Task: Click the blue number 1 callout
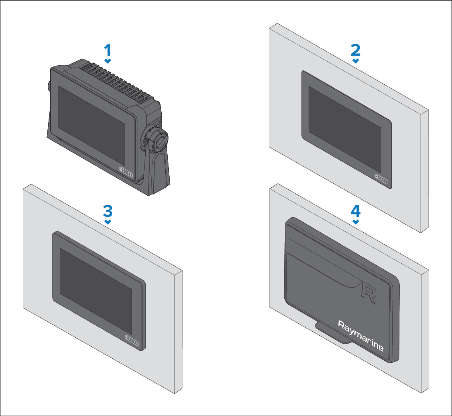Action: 108,50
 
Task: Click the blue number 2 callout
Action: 356,50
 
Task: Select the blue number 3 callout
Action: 108,211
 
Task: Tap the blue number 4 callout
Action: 356,211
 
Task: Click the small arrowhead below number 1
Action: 108,61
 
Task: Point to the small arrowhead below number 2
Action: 356,61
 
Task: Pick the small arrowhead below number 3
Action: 108,222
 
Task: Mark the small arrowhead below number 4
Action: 356,222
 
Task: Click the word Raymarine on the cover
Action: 361,336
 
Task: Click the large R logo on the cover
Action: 369,294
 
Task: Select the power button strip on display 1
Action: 126,172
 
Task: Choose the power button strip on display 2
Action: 382,179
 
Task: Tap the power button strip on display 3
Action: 132,340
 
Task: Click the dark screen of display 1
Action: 92,126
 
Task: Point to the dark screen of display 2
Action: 345,130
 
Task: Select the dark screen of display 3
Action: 96,292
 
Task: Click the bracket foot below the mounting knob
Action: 158,173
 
